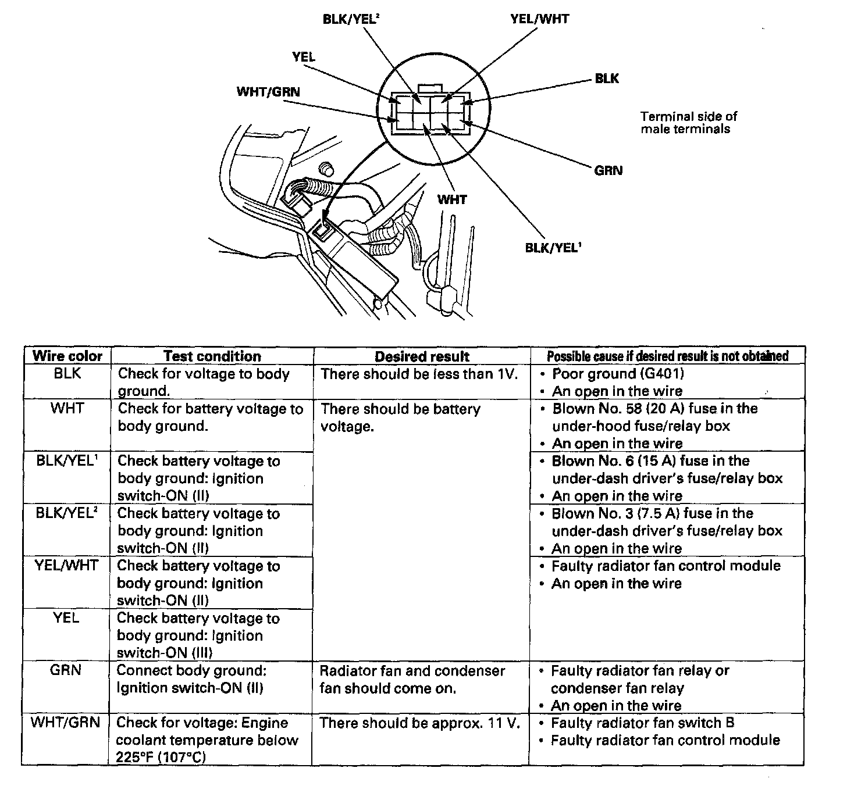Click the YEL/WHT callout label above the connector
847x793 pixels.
click(x=539, y=19)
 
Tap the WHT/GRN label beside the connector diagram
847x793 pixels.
click(x=268, y=92)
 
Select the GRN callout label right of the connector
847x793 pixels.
click(x=608, y=170)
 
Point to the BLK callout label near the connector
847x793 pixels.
click(x=607, y=78)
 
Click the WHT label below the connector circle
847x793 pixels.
click(x=452, y=199)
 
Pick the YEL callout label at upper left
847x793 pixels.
click(x=304, y=56)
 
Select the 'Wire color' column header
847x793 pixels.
click(x=67, y=356)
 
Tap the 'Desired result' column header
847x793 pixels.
click(x=422, y=356)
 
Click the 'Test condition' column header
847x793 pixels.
click(x=212, y=356)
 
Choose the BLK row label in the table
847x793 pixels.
click(x=67, y=374)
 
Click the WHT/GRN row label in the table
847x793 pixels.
click(x=66, y=723)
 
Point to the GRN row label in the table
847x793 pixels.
click(x=66, y=670)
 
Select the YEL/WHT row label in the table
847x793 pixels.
click(x=66, y=566)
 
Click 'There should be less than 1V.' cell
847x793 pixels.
click(x=419, y=374)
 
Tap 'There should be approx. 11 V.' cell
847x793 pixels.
click(x=419, y=723)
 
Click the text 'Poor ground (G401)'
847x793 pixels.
click(x=618, y=374)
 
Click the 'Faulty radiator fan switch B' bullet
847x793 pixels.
click(x=642, y=723)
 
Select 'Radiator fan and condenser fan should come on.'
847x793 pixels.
click(x=412, y=679)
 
